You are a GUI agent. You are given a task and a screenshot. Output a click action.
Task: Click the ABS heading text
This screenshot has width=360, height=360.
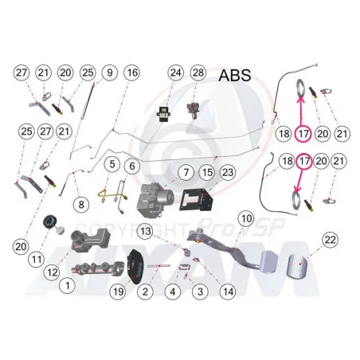[235, 75]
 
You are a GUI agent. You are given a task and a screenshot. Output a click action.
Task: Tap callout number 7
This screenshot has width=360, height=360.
[186, 173]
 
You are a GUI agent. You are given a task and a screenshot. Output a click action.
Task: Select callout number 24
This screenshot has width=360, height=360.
[175, 72]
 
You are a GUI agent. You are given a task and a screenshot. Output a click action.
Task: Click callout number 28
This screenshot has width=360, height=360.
[198, 72]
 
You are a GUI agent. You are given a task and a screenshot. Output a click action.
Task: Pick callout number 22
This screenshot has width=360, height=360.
[330, 240]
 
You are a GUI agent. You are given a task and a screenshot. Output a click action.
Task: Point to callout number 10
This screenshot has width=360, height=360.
[246, 218]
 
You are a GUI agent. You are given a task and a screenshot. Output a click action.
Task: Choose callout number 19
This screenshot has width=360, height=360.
[118, 292]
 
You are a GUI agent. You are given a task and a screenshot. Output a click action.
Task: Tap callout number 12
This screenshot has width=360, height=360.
[52, 272]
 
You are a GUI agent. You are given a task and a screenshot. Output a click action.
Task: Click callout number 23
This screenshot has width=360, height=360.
[228, 173]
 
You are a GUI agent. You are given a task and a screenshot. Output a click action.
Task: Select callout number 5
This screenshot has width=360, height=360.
[112, 164]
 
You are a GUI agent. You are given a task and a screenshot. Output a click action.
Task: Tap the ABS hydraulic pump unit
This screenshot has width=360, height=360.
[155, 199]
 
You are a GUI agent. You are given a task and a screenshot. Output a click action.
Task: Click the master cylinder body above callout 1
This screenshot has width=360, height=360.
[97, 269]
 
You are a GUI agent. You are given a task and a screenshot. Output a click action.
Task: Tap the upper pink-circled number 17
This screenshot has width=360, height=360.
[303, 134]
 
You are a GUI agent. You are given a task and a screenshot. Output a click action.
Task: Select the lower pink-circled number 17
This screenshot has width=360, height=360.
[304, 161]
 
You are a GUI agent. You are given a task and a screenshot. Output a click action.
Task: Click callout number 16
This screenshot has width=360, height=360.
[132, 72]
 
